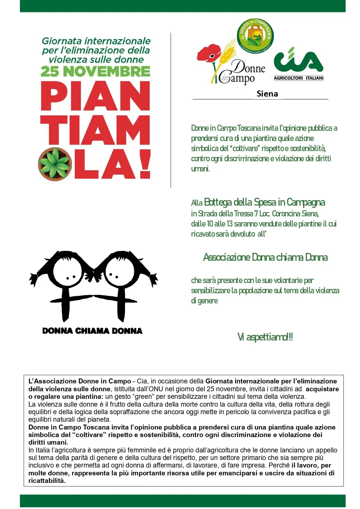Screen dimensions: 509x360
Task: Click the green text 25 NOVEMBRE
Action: click(x=95, y=71)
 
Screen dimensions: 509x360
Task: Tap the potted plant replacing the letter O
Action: click(x=55, y=164)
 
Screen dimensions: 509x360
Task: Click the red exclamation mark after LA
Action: click(x=145, y=164)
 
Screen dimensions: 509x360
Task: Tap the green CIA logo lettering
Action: click(x=298, y=61)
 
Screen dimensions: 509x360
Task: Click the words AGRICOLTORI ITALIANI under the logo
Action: click(x=299, y=78)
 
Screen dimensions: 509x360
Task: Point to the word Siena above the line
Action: click(x=267, y=94)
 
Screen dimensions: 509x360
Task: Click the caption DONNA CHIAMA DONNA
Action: click(x=92, y=331)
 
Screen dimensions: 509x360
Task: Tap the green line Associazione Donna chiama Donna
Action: click(x=265, y=257)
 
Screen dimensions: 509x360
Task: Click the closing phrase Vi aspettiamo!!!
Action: click(x=265, y=337)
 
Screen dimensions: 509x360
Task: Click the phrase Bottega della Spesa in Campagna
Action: click(x=264, y=202)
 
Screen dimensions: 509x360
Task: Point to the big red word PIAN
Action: click(x=95, y=96)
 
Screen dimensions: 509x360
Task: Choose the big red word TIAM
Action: click(x=95, y=130)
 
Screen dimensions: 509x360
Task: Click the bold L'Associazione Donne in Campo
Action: click(x=80, y=381)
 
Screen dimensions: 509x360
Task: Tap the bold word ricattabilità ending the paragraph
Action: click(x=47, y=481)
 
